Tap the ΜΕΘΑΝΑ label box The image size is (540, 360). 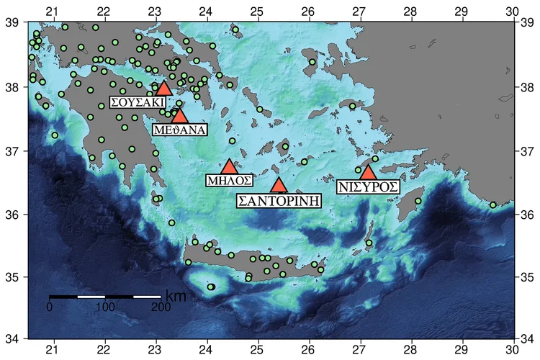(x=180, y=130)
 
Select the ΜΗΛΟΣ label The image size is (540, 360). (x=228, y=179)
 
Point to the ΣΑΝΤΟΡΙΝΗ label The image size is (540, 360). (x=279, y=199)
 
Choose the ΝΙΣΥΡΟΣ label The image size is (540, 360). (x=369, y=186)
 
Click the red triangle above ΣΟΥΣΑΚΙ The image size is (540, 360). (x=163, y=89)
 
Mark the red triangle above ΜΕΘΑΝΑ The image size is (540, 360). (x=180, y=116)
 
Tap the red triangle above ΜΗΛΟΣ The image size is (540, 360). (x=228, y=167)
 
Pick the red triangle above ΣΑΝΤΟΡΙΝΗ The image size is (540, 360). (x=279, y=185)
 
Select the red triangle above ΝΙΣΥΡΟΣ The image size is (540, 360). (x=368, y=173)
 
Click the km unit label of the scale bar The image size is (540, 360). (x=176, y=296)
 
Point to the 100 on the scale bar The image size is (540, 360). (x=105, y=307)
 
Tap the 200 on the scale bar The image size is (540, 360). (x=161, y=307)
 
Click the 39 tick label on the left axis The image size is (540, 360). (x=12, y=23)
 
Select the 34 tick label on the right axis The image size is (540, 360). (x=528, y=338)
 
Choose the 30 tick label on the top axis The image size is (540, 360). (x=511, y=10)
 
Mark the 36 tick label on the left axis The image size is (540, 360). (x=12, y=214)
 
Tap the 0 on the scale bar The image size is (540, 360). (x=50, y=307)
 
